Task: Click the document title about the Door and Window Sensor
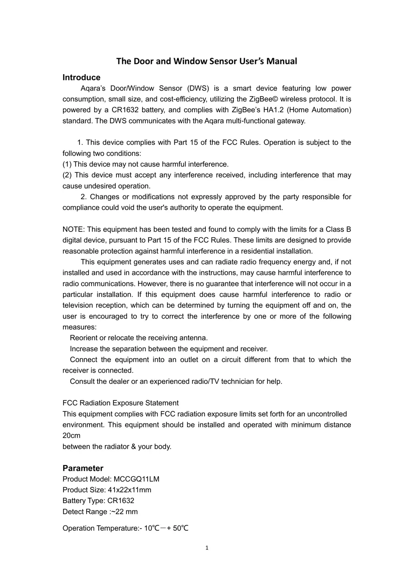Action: click(207, 61)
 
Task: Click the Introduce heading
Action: click(82, 77)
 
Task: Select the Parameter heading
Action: click(83, 468)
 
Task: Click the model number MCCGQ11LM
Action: click(136, 479)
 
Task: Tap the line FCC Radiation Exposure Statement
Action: click(120, 403)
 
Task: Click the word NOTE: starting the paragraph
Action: click(74, 229)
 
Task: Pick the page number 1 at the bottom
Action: click(207, 548)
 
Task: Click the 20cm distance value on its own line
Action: click(72, 436)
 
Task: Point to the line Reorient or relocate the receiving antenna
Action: click(138, 338)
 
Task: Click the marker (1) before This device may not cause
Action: click(67, 164)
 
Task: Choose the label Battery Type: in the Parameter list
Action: click(84, 501)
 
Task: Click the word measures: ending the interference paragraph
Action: click(79, 327)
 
